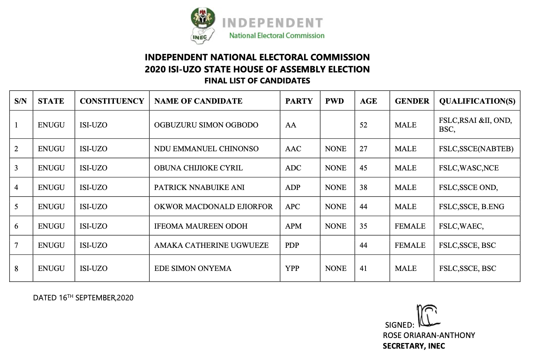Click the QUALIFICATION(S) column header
[x=477, y=101]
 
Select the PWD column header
[x=334, y=101]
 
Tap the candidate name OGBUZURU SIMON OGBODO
[x=206, y=125]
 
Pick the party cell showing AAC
[x=293, y=149]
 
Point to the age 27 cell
[x=363, y=149]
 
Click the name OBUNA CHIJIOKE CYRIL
[x=198, y=168]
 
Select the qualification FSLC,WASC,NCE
[x=468, y=168]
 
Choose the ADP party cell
[x=293, y=187]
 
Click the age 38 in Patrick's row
[x=363, y=187]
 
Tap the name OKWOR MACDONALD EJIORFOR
[x=213, y=207]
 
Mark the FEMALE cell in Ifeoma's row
[x=410, y=226]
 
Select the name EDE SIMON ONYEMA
[x=193, y=268]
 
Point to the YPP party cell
[x=292, y=268]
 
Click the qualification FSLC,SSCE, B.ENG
[x=471, y=207]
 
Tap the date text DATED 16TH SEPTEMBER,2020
[x=83, y=298]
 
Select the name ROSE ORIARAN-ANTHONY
[x=429, y=335]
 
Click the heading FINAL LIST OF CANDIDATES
[x=257, y=81]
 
